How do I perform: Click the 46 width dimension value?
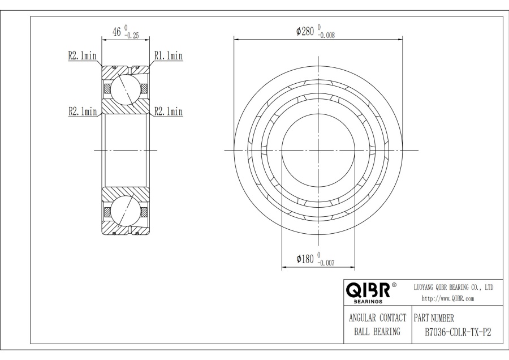click(x=118, y=32)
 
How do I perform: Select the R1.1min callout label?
click(x=168, y=55)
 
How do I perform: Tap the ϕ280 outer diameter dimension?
click(x=305, y=31)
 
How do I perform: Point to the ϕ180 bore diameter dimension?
click(x=305, y=259)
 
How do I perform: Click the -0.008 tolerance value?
click(x=328, y=35)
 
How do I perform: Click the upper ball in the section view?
click(x=124, y=89)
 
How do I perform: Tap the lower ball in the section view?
click(x=124, y=211)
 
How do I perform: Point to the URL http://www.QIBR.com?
click(x=448, y=298)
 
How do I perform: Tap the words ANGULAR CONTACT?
click(x=377, y=318)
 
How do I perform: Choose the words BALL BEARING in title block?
click(x=377, y=332)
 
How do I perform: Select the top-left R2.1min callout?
click(x=82, y=55)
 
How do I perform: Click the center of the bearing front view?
click(x=318, y=150)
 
